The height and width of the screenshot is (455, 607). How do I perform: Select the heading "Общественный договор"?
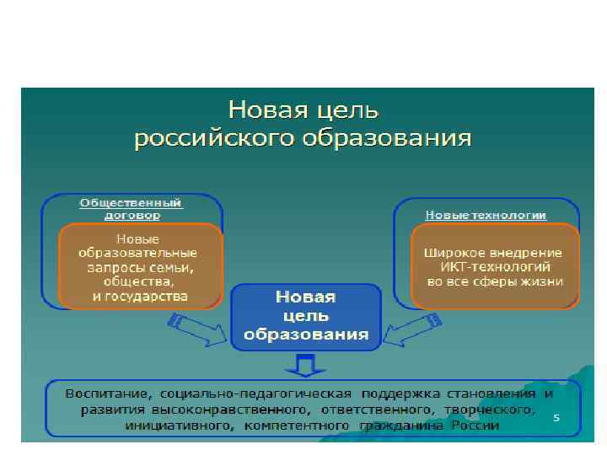click(x=132, y=208)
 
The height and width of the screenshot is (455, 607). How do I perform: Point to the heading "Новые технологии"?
click(x=486, y=215)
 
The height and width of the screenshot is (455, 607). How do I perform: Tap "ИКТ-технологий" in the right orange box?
click(x=494, y=266)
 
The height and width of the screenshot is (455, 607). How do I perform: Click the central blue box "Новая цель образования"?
click(x=306, y=315)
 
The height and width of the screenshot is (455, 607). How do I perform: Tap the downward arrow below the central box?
click(x=305, y=365)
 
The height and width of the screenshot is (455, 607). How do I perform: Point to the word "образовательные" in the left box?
click(x=137, y=253)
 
